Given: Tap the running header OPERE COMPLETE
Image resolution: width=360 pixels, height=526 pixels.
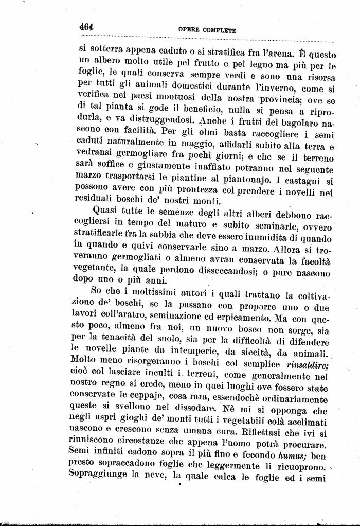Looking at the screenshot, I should coord(207,30).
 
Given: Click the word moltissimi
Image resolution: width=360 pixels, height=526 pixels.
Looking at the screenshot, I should coord(146,294).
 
